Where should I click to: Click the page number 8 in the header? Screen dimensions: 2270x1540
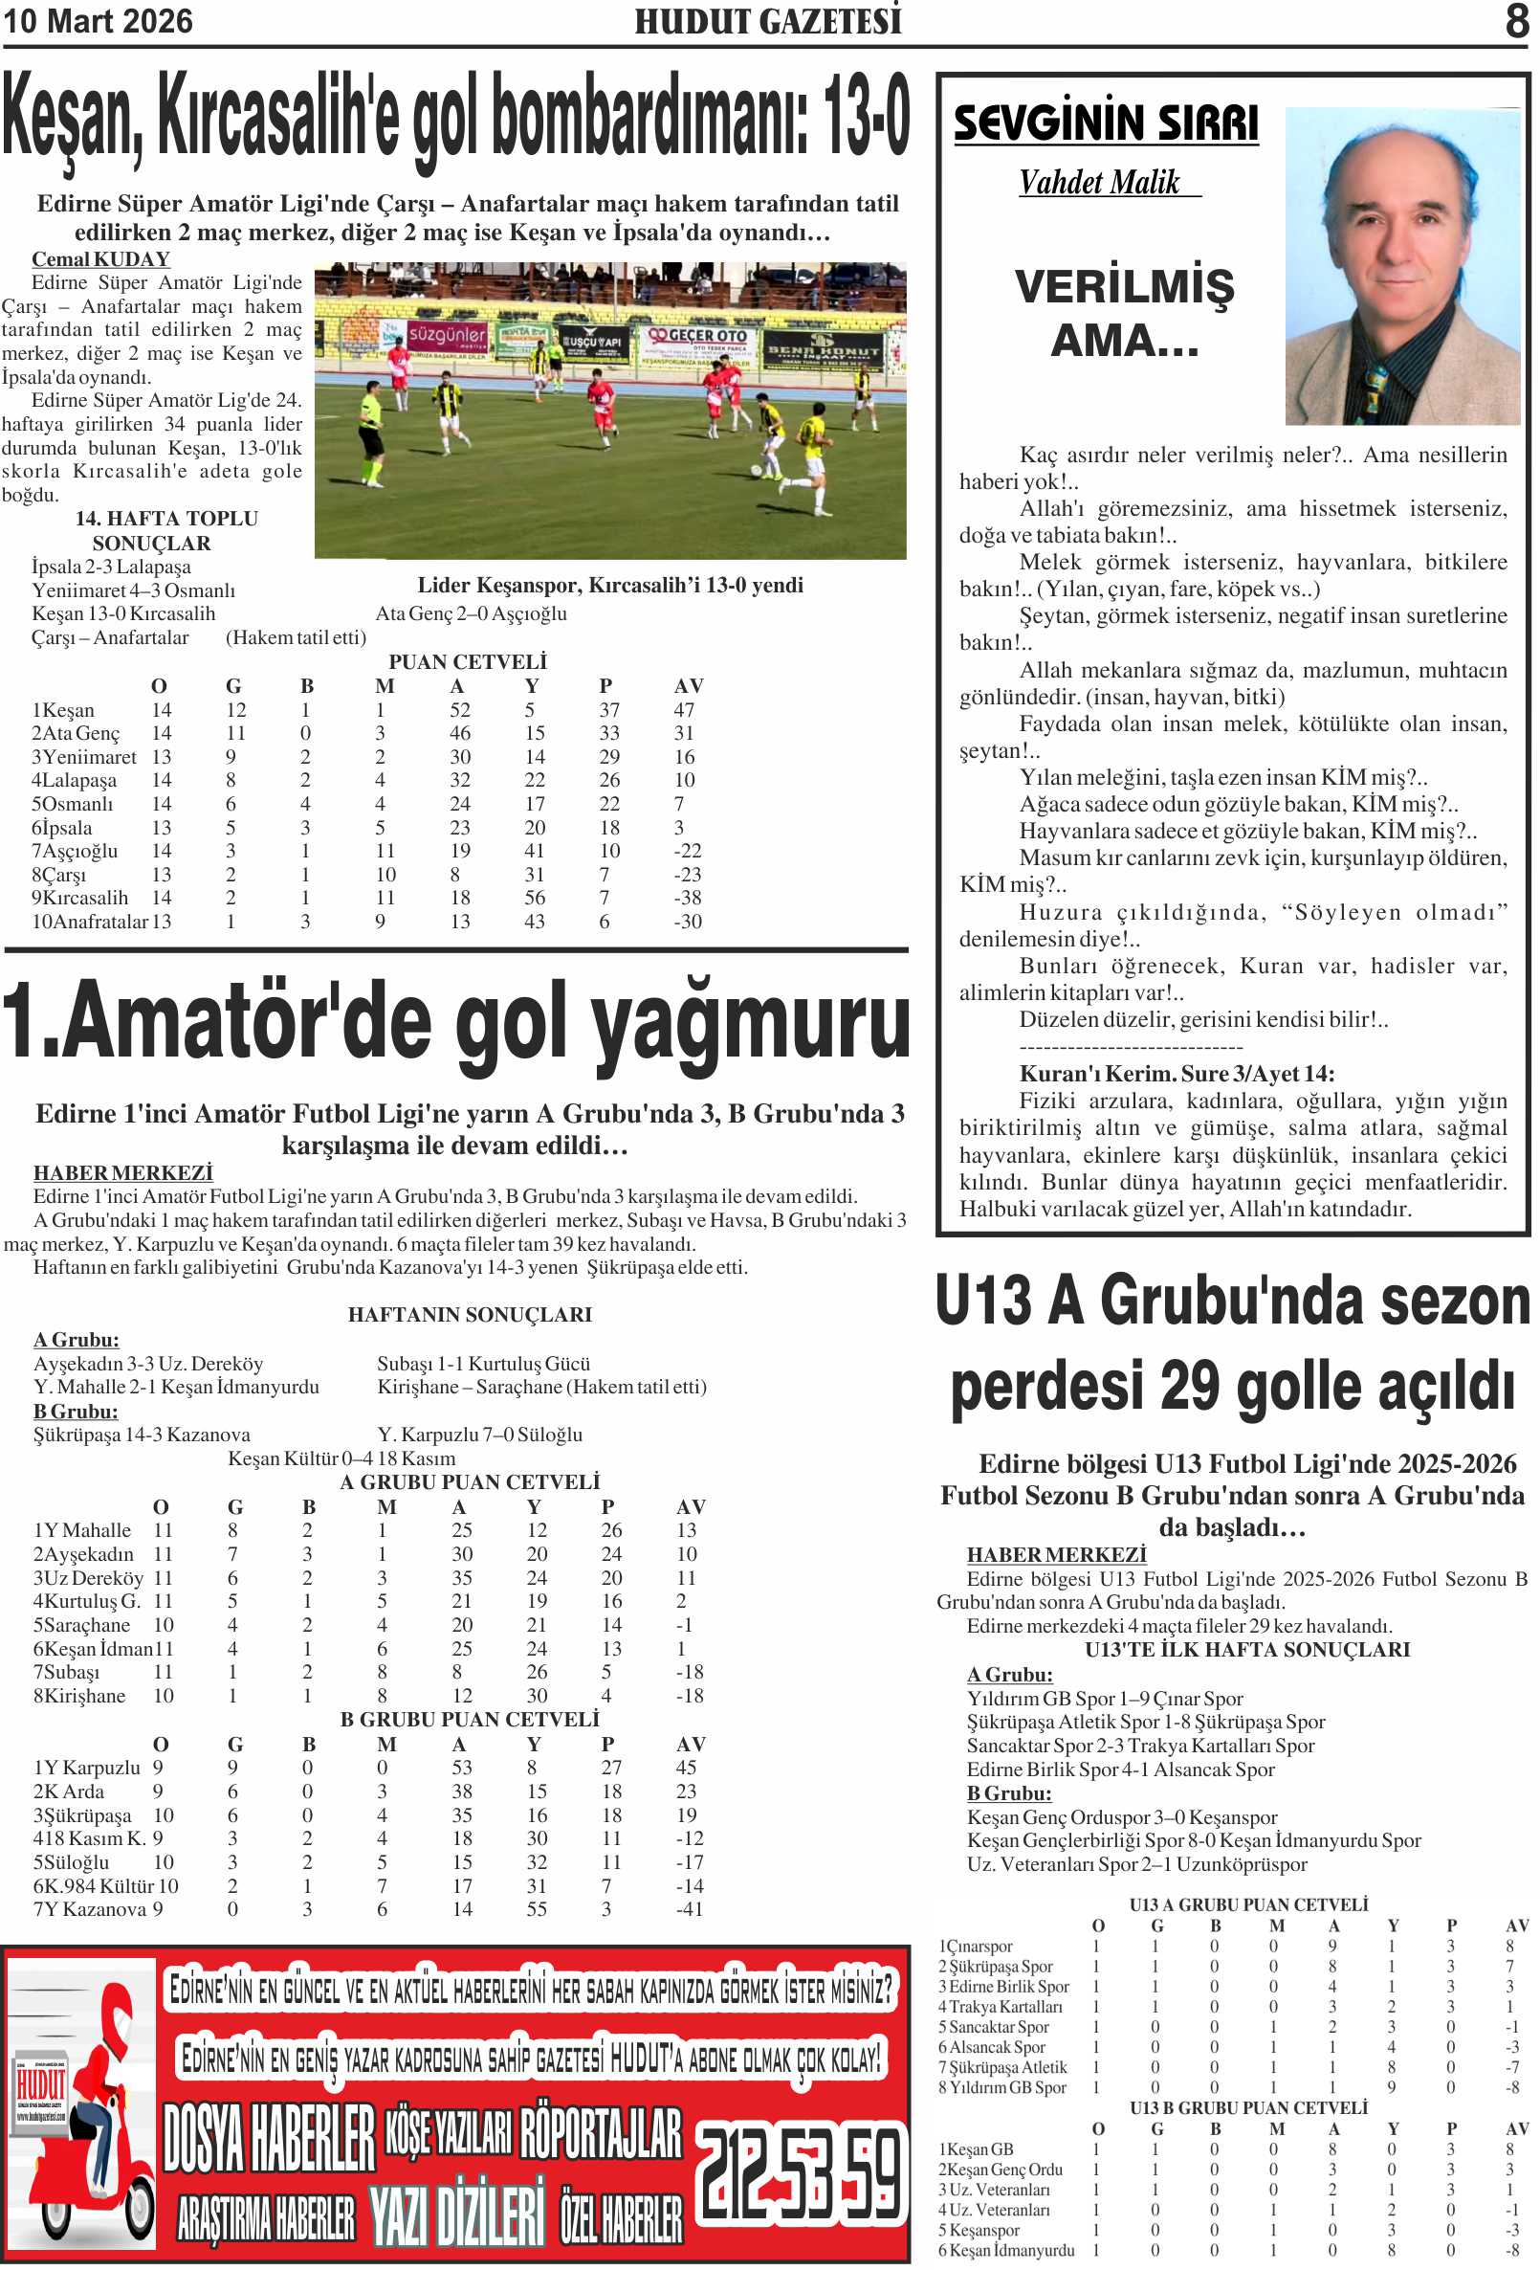pos(1515,20)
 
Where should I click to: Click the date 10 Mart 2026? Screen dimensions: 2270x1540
pos(98,21)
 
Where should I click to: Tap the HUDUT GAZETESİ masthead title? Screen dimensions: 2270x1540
pos(767,21)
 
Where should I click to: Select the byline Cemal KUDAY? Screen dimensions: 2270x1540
pos(100,258)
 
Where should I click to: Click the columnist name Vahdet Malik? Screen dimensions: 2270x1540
pos(1100,183)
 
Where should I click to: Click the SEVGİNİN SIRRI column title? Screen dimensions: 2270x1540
pos(1106,124)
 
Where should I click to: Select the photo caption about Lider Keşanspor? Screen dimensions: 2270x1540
pos(610,585)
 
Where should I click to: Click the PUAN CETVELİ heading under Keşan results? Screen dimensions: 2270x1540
pos(468,662)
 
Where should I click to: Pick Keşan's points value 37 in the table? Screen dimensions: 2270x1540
pos(609,710)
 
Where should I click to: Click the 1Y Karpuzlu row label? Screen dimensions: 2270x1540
pos(87,1768)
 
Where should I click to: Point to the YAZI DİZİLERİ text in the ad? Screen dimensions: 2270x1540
pos(455,2215)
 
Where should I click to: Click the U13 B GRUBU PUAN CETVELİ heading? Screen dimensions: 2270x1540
pos(1248,2108)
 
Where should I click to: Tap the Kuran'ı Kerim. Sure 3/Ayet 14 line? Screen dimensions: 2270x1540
pos(1176,1074)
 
